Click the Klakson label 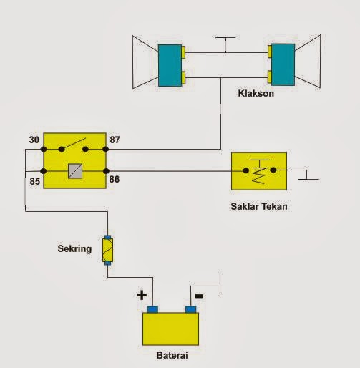tap(256, 93)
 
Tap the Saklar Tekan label tap(259, 206)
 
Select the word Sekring tap(74, 249)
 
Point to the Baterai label tap(172, 355)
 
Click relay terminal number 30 tap(34, 140)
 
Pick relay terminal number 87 tap(115, 140)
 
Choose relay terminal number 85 tap(35, 181)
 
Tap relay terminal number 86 tap(115, 179)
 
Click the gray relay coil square tap(75, 171)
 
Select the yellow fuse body tap(107, 250)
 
